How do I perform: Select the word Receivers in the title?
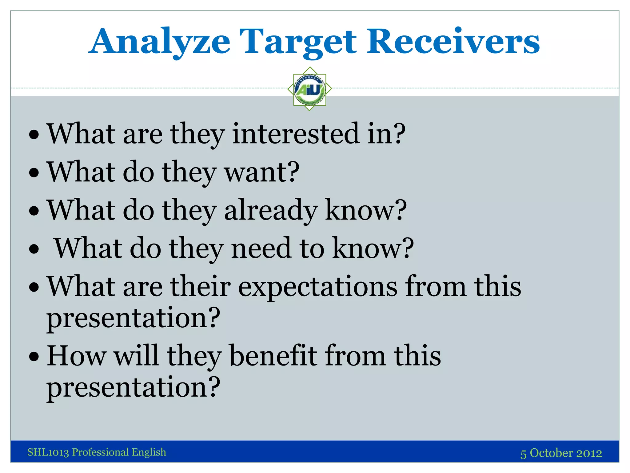pyautogui.click(x=453, y=42)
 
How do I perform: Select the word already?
pyautogui.click(x=271, y=210)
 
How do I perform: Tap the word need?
pyautogui.click(x=261, y=248)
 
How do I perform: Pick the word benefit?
pyautogui.click(x=273, y=356)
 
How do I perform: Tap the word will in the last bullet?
pyautogui.click(x=136, y=356)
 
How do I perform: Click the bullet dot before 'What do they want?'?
pyautogui.click(x=34, y=172)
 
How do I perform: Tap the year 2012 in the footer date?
pyautogui.click(x=589, y=453)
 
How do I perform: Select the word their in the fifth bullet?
pyautogui.click(x=201, y=286)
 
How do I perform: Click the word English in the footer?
pyautogui.click(x=149, y=452)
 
